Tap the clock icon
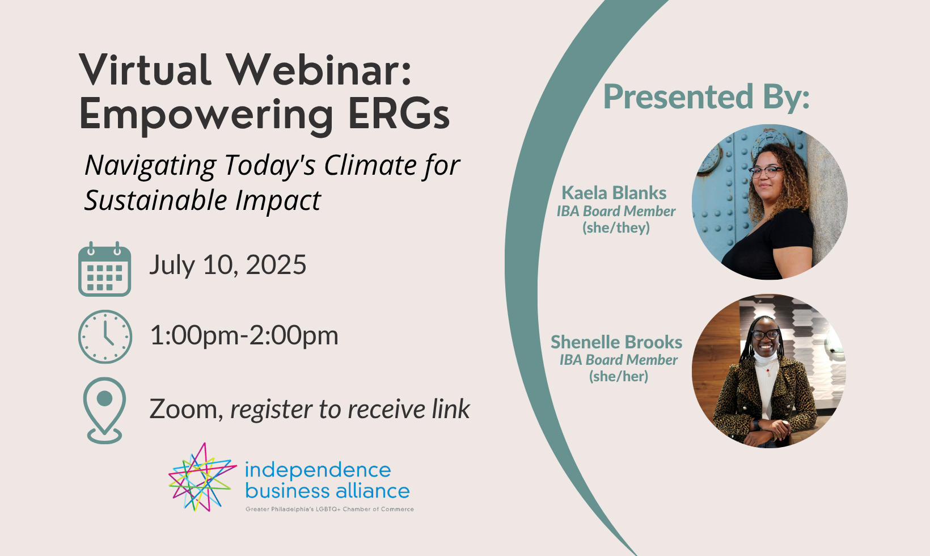tap(105, 337)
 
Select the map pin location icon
tap(104, 410)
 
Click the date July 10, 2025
tap(228, 265)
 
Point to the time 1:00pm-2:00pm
tap(244, 335)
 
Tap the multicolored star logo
tap(202, 477)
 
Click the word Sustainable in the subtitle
tap(156, 200)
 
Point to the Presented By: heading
tap(706, 97)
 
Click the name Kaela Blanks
tap(614, 193)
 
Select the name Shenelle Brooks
tap(616, 342)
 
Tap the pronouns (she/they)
tap(616, 228)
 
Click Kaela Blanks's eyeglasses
tap(766, 171)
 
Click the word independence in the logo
tap(318, 470)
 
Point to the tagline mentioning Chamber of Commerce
tap(329, 509)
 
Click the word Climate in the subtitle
tap(369, 165)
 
